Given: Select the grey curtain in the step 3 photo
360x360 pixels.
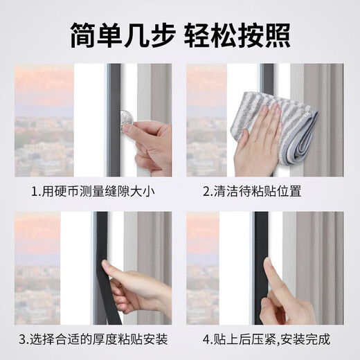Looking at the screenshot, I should click(152, 242).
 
